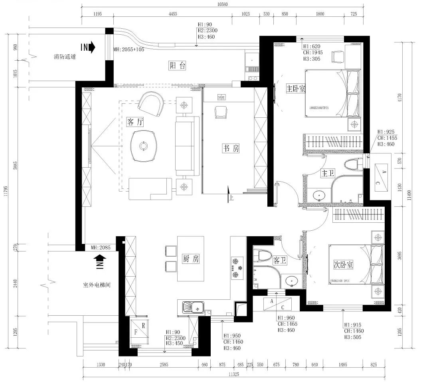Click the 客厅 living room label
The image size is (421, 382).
pyautogui.click(x=135, y=122)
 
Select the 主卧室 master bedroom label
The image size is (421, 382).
pyautogui.click(x=296, y=88)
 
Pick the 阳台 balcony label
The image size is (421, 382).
pyautogui.click(x=177, y=66)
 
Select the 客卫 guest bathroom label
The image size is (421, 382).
pyautogui.click(x=279, y=261)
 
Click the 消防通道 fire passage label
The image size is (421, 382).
pyautogui.click(x=65, y=57)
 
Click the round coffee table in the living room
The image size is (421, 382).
pyautogui.click(x=143, y=146)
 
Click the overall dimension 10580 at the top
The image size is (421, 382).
pyautogui.click(x=222, y=4)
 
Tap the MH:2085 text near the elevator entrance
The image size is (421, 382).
pyautogui.click(x=100, y=247)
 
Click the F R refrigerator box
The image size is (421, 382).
pyautogui.click(x=140, y=331)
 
